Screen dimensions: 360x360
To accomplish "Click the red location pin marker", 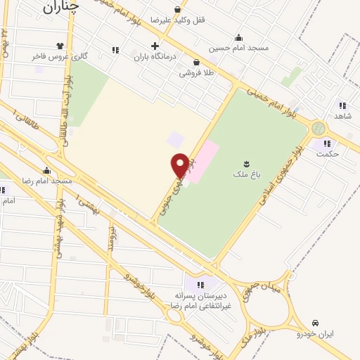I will (180, 165).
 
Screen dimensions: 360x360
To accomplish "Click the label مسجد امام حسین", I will (238, 49).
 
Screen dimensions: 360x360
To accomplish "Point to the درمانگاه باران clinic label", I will (155, 57).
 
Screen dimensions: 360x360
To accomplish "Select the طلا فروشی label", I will (196, 72).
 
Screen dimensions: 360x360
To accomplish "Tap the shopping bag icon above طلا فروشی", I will (196, 62).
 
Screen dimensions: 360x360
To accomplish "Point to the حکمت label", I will (328, 153).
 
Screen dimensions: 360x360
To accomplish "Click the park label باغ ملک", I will (246, 172).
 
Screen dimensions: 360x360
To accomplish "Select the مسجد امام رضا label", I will (47, 181).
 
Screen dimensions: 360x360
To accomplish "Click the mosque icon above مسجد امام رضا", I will (47, 170).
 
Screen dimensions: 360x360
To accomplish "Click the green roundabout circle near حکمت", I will (319, 128).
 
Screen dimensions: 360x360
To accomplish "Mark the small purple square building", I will (175, 140).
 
